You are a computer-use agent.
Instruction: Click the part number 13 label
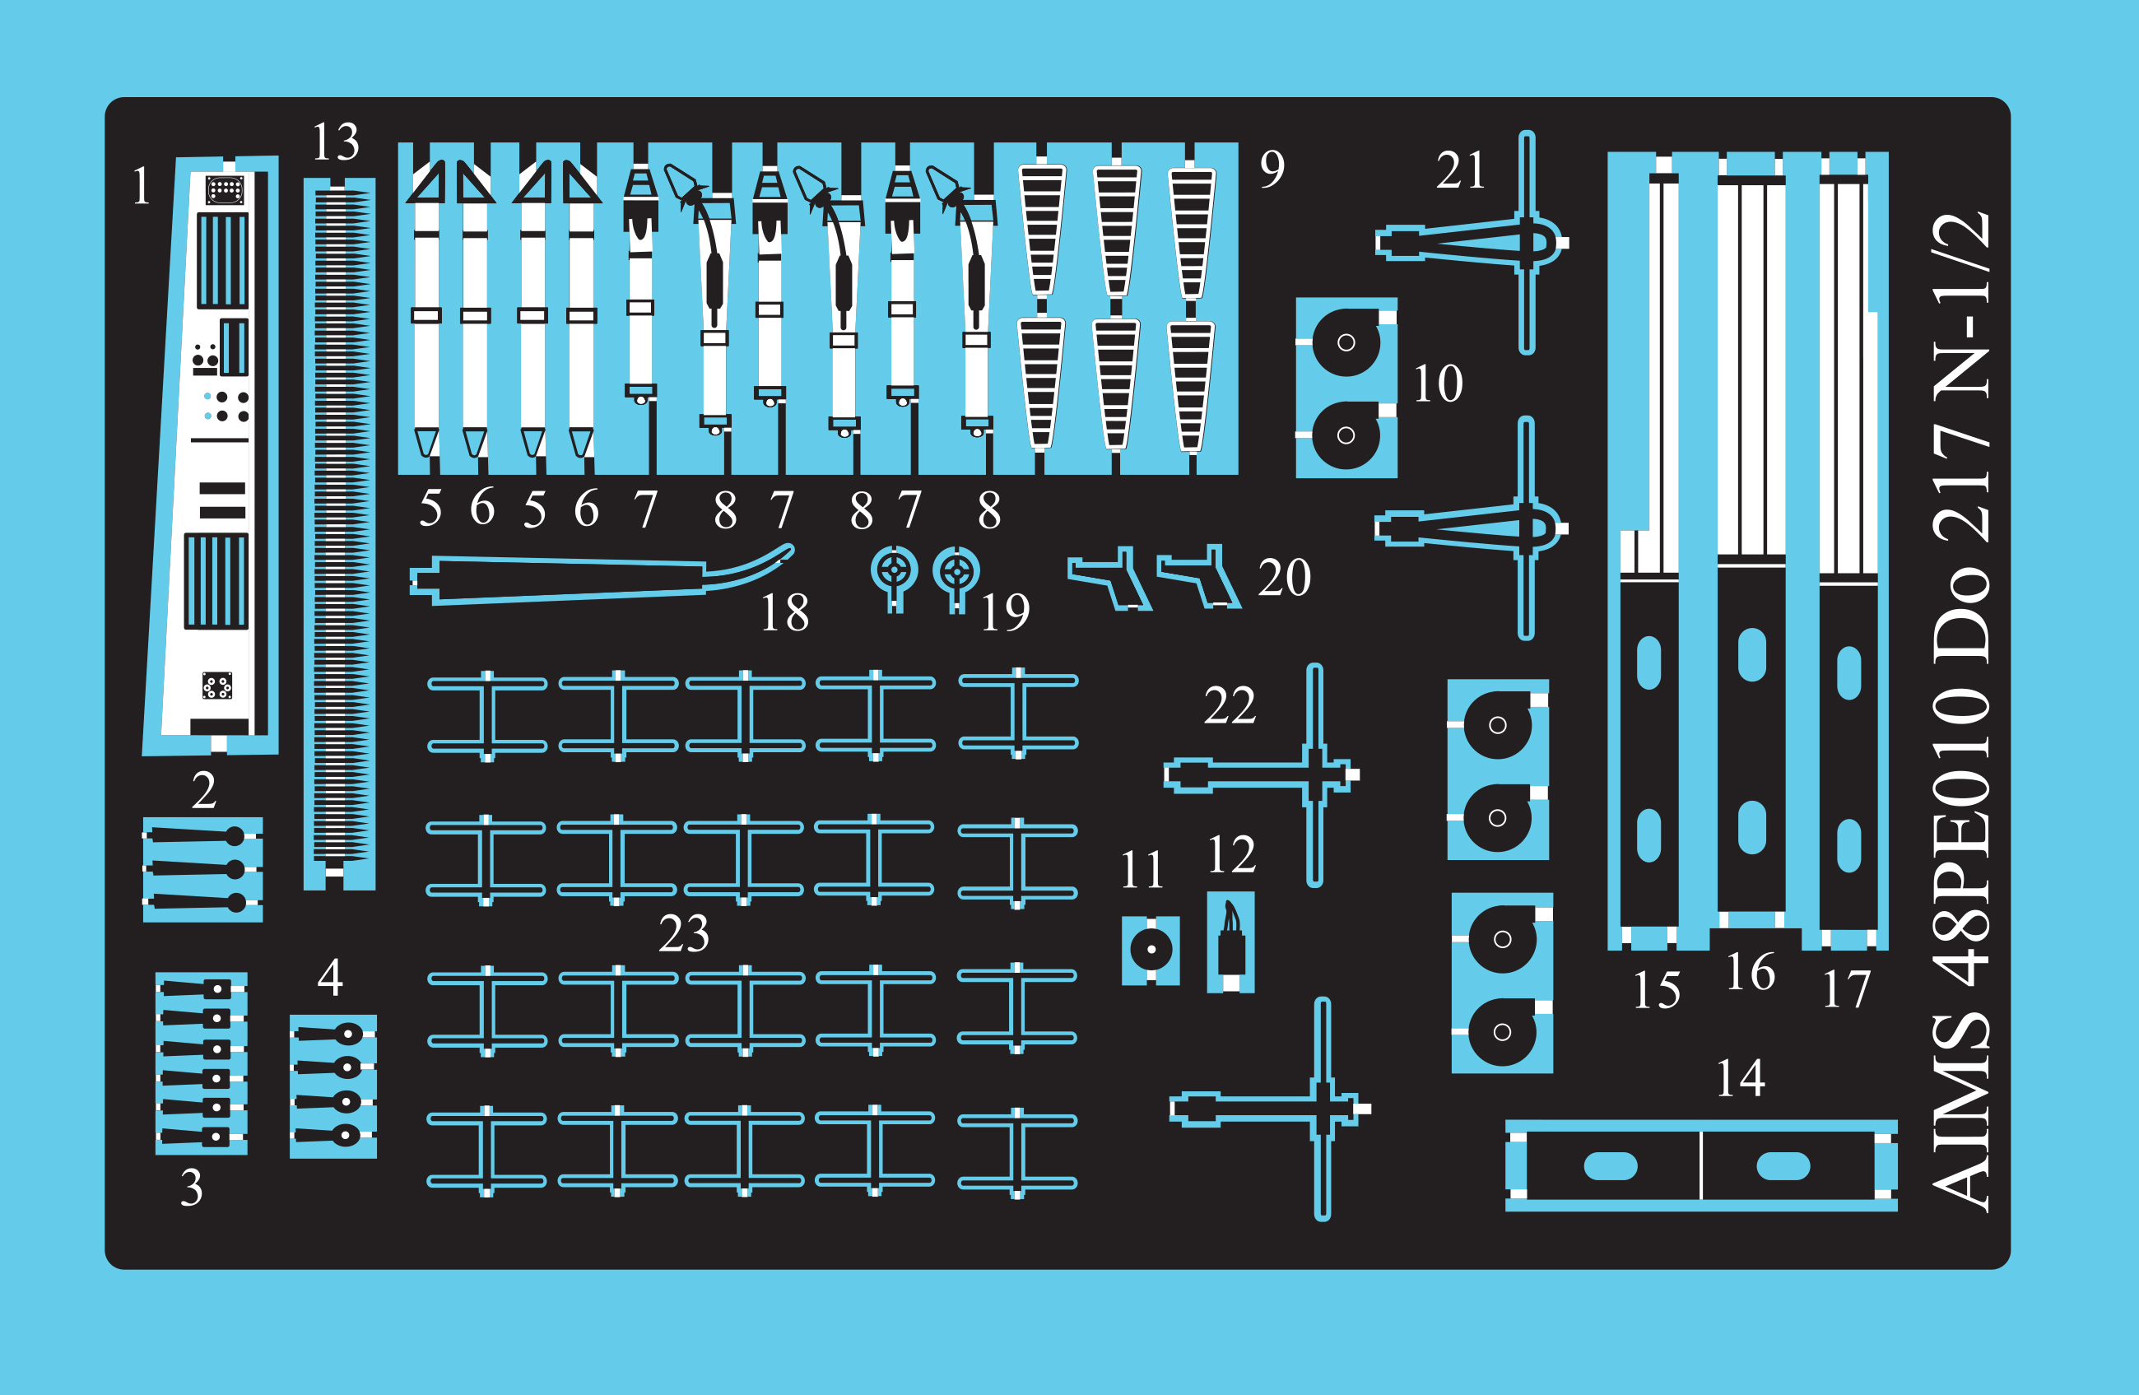[x=335, y=142]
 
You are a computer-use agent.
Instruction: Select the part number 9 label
[x=1272, y=168]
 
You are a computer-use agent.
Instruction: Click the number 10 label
[x=1438, y=384]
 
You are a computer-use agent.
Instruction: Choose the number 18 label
[x=784, y=613]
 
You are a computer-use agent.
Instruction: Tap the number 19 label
[x=1005, y=613]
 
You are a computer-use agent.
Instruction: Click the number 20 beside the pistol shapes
[x=1284, y=577]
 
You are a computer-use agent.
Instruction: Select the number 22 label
[x=1230, y=705]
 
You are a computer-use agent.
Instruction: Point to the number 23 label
[x=684, y=934]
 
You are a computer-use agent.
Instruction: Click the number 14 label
[x=1740, y=1079]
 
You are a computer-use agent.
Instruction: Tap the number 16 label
[x=1750, y=973]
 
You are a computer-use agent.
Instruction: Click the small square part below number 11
[x=1151, y=950]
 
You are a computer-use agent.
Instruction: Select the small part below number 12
[x=1230, y=942]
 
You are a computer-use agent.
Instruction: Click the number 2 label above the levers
[x=204, y=791]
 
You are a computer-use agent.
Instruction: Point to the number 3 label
[x=192, y=1188]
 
